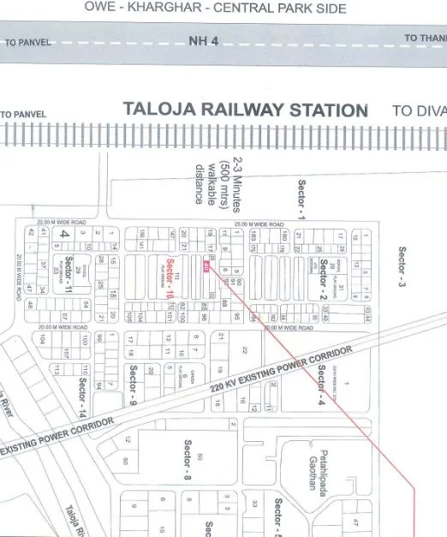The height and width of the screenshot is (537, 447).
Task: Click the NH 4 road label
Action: pyautogui.click(x=204, y=40)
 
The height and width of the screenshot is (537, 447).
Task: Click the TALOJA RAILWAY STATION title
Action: pyautogui.click(x=245, y=110)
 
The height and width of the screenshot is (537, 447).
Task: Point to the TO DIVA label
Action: pyautogui.click(x=419, y=110)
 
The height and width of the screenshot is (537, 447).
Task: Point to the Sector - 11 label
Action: pyautogui.click(x=69, y=272)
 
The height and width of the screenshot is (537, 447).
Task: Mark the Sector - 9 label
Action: pyautogui.click(x=134, y=384)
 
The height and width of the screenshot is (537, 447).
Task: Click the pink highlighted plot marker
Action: pyautogui.click(x=206, y=267)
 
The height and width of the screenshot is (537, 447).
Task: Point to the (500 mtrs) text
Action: pyautogui.click(x=225, y=184)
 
